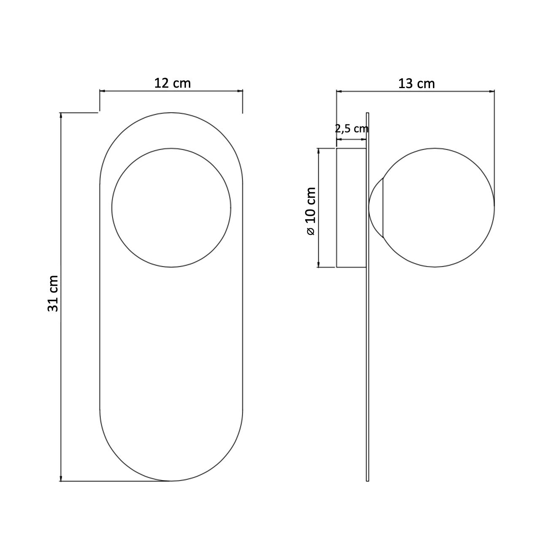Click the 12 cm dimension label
pos(172,83)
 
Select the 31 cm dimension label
pos(53,293)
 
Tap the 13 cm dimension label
pos(416,83)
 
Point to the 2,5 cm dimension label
pos(352,129)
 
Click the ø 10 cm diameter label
pos(311,211)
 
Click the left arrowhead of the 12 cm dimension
pos(102,91)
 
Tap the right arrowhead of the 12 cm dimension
pos(240,91)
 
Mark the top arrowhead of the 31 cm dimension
pos(61,116)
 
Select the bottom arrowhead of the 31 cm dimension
pos(61,478)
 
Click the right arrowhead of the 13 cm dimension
pos(492,91)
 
